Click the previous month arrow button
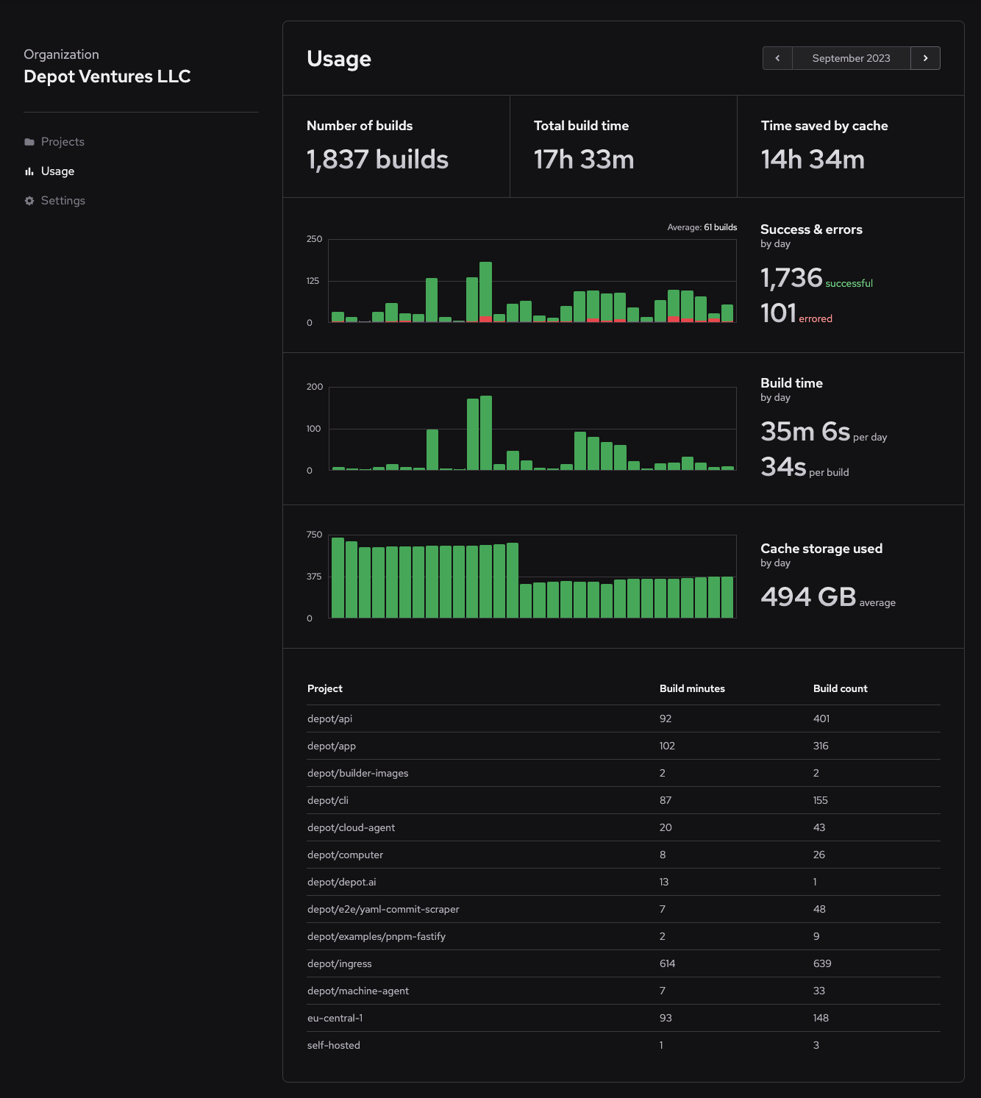tap(777, 58)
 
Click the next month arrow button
tap(925, 58)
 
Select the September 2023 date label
tap(851, 58)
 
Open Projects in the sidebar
tap(63, 142)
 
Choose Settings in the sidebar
tap(63, 201)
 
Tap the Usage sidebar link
tap(57, 171)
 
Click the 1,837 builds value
tap(377, 160)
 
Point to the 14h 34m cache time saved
tap(813, 160)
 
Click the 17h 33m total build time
tap(584, 160)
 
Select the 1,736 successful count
tap(791, 278)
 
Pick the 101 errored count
tap(779, 313)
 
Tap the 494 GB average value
tap(808, 596)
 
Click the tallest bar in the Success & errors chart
tap(485, 290)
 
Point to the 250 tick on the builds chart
tap(314, 239)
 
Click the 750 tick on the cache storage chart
tap(314, 535)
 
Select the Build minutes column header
tap(692, 688)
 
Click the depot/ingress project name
tap(340, 963)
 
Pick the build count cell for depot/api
tap(821, 719)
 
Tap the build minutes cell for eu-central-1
tap(666, 1018)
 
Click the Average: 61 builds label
tap(702, 227)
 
